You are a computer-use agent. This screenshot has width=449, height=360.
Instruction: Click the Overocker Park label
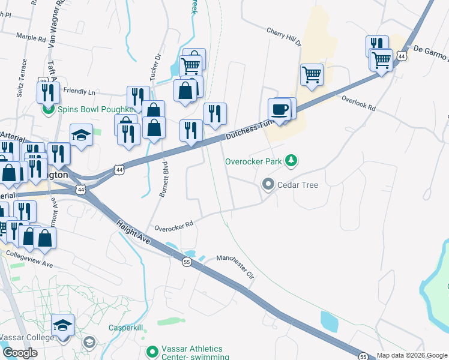tap(253, 161)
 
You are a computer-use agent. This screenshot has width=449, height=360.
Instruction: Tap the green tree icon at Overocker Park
tap(291, 160)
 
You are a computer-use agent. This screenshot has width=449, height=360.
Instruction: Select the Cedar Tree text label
tap(298, 185)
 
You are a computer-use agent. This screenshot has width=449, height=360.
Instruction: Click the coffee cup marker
tap(280, 110)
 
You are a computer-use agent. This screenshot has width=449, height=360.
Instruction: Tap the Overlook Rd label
tap(358, 103)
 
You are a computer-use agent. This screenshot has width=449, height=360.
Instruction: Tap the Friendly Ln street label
tap(79, 92)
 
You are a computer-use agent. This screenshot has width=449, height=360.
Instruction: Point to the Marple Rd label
tap(31, 38)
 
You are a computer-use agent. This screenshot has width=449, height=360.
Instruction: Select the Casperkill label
tap(125, 328)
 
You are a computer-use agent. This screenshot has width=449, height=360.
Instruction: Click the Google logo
tap(20, 353)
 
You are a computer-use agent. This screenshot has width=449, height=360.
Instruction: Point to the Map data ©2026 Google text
tap(412, 355)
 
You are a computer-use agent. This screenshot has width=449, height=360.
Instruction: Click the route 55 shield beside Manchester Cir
tap(187, 262)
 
